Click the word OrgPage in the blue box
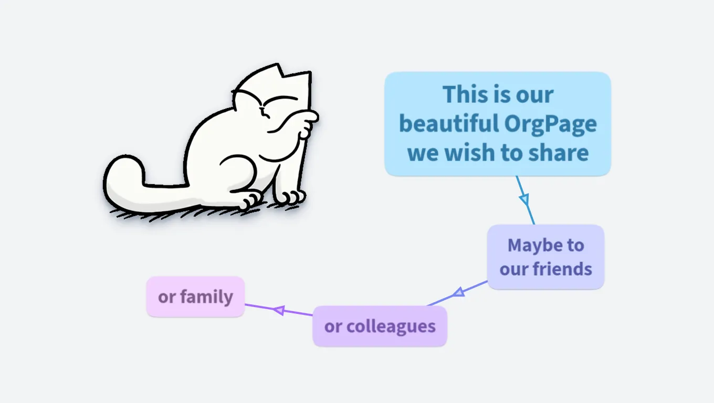tap(551, 124)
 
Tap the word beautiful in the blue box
tap(449, 123)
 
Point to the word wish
tap(470, 153)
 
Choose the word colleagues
tap(391, 326)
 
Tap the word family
tap(207, 297)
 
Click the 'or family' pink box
tap(195, 296)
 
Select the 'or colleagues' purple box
tap(380, 326)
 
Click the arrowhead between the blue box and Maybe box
tap(524, 199)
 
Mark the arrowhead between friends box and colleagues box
tap(459, 292)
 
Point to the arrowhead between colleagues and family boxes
tap(279, 310)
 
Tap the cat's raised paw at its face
tap(308, 123)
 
